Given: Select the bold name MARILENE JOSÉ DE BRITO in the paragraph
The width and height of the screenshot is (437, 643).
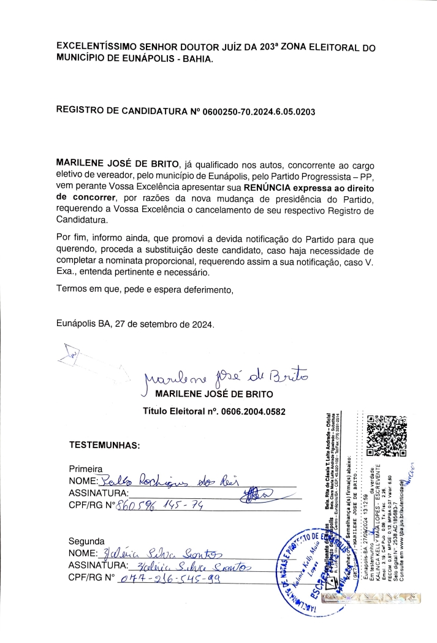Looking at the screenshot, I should [x=115, y=165].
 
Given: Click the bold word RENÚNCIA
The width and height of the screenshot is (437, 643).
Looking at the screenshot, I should [x=270, y=187].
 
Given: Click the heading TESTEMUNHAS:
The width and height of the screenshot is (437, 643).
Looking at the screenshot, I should [x=105, y=444].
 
